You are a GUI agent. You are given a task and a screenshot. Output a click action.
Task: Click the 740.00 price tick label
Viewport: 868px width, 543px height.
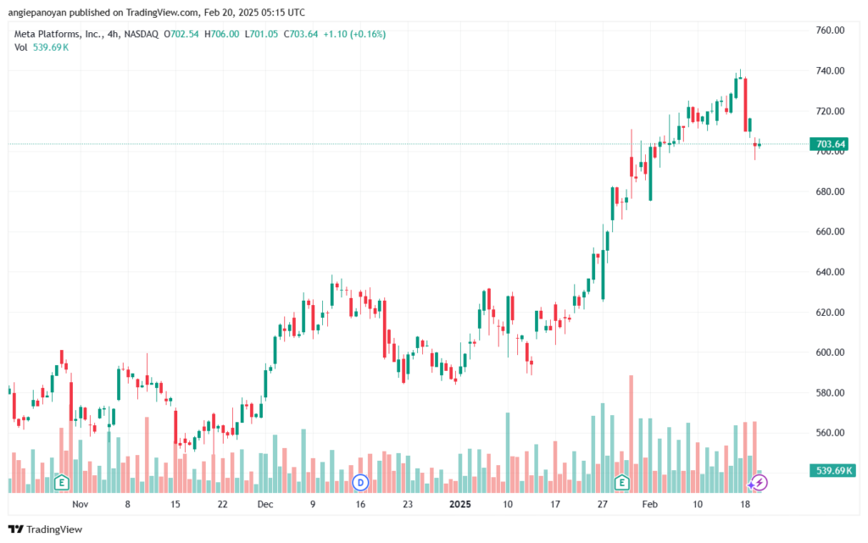click(x=830, y=71)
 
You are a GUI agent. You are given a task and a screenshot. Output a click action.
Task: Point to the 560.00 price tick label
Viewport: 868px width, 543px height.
click(x=830, y=433)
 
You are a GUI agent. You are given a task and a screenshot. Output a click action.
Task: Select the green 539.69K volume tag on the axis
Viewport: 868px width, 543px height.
click(x=832, y=470)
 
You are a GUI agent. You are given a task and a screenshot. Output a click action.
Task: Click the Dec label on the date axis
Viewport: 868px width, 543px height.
click(x=265, y=504)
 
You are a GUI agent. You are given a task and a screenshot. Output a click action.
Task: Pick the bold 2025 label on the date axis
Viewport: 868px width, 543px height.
click(x=460, y=504)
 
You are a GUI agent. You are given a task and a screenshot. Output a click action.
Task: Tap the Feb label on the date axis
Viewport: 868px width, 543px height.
click(x=650, y=504)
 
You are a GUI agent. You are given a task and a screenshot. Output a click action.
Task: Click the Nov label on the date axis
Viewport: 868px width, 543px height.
click(x=81, y=504)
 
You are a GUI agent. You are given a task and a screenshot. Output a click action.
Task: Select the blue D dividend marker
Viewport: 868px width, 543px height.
click(x=360, y=483)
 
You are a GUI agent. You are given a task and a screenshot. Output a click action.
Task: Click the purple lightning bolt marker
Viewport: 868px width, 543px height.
click(x=759, y=483)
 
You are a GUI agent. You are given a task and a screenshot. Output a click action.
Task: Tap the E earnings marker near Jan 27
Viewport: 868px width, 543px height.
click(x=621, y=483)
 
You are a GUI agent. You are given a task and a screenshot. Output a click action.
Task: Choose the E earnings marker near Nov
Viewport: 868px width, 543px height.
click(x=61, y=483)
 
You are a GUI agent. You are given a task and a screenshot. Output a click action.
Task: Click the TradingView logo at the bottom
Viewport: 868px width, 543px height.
click(x=46, y=529)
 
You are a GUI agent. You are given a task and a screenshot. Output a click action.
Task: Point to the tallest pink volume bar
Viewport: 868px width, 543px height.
click(x=631, y=434)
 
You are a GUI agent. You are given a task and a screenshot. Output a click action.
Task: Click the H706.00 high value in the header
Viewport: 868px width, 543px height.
click(x=221, y=34)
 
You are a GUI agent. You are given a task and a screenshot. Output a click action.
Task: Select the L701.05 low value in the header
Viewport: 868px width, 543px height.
click(x=261, y=34)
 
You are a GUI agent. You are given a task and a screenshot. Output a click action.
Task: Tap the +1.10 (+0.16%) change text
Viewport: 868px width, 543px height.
click(x=354, y=34)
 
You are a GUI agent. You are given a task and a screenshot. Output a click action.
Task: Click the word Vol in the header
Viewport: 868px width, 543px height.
click(x=20, y=47)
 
